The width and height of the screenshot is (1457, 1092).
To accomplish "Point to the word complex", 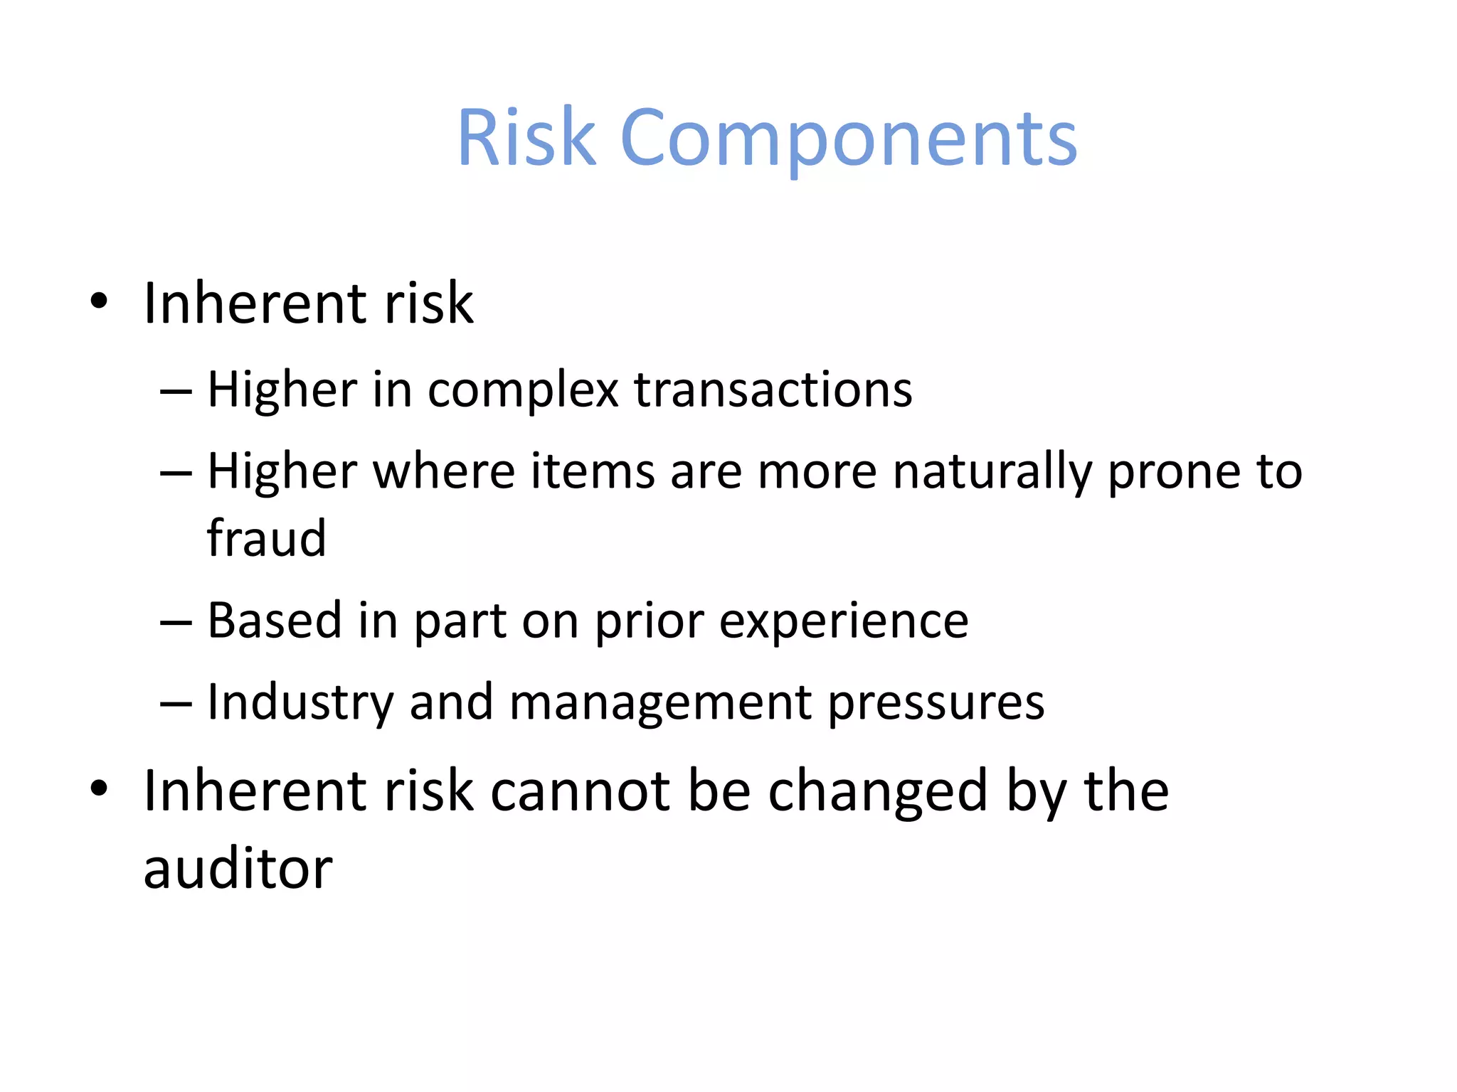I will pos(523,390).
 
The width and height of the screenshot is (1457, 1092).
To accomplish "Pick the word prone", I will pos(1173,473).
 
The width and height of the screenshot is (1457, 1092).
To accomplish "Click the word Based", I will pos(275,620).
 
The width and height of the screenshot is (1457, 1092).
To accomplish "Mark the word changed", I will pos(878,792).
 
